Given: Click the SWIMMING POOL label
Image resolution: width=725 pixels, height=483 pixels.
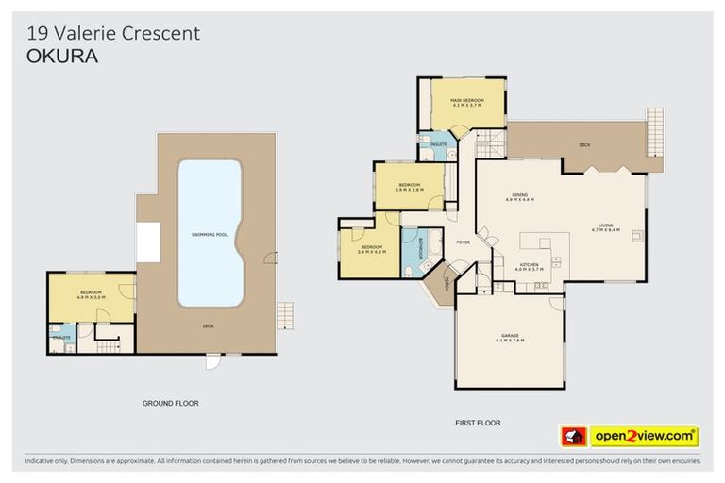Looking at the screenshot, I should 210,233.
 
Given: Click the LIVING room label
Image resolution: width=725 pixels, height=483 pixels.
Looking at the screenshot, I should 605,226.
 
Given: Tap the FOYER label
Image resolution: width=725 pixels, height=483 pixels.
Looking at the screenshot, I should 463,242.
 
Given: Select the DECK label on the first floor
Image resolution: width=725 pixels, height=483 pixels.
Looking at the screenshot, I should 584,145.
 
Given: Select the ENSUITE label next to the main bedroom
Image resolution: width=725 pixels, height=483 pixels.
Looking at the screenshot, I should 438,144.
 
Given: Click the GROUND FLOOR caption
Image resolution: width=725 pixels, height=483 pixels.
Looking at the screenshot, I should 170,403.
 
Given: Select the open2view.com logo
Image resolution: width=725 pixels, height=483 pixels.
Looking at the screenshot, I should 645,436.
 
